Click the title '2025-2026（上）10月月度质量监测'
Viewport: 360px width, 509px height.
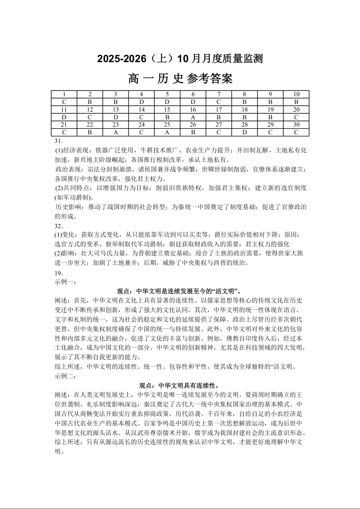point(180,59)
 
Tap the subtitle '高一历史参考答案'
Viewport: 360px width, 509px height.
point(180,79)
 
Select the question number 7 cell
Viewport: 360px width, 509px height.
point(219,94)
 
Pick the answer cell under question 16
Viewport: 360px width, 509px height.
point(193,117)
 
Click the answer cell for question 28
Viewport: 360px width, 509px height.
point(245,132)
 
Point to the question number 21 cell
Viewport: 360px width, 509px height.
point(64,125)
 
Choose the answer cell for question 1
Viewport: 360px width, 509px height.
point(64,102)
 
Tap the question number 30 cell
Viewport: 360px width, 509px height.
point(296,125)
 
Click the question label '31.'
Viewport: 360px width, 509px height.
point(58,141)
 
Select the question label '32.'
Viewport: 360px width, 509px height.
point(59,226)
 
